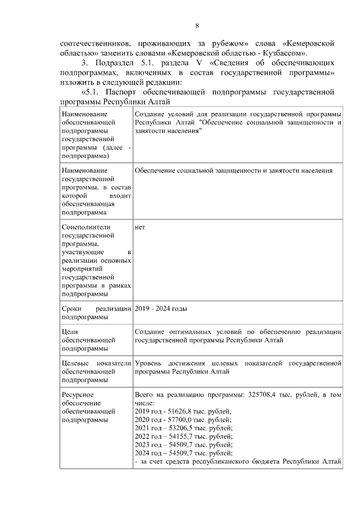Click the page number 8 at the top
coord(197,25)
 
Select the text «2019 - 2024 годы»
coord(161,309)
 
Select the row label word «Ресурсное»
coord(78,395)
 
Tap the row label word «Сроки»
coord(71,309)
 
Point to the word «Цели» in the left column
coord(69,332)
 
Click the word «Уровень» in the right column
coord(149,363)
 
